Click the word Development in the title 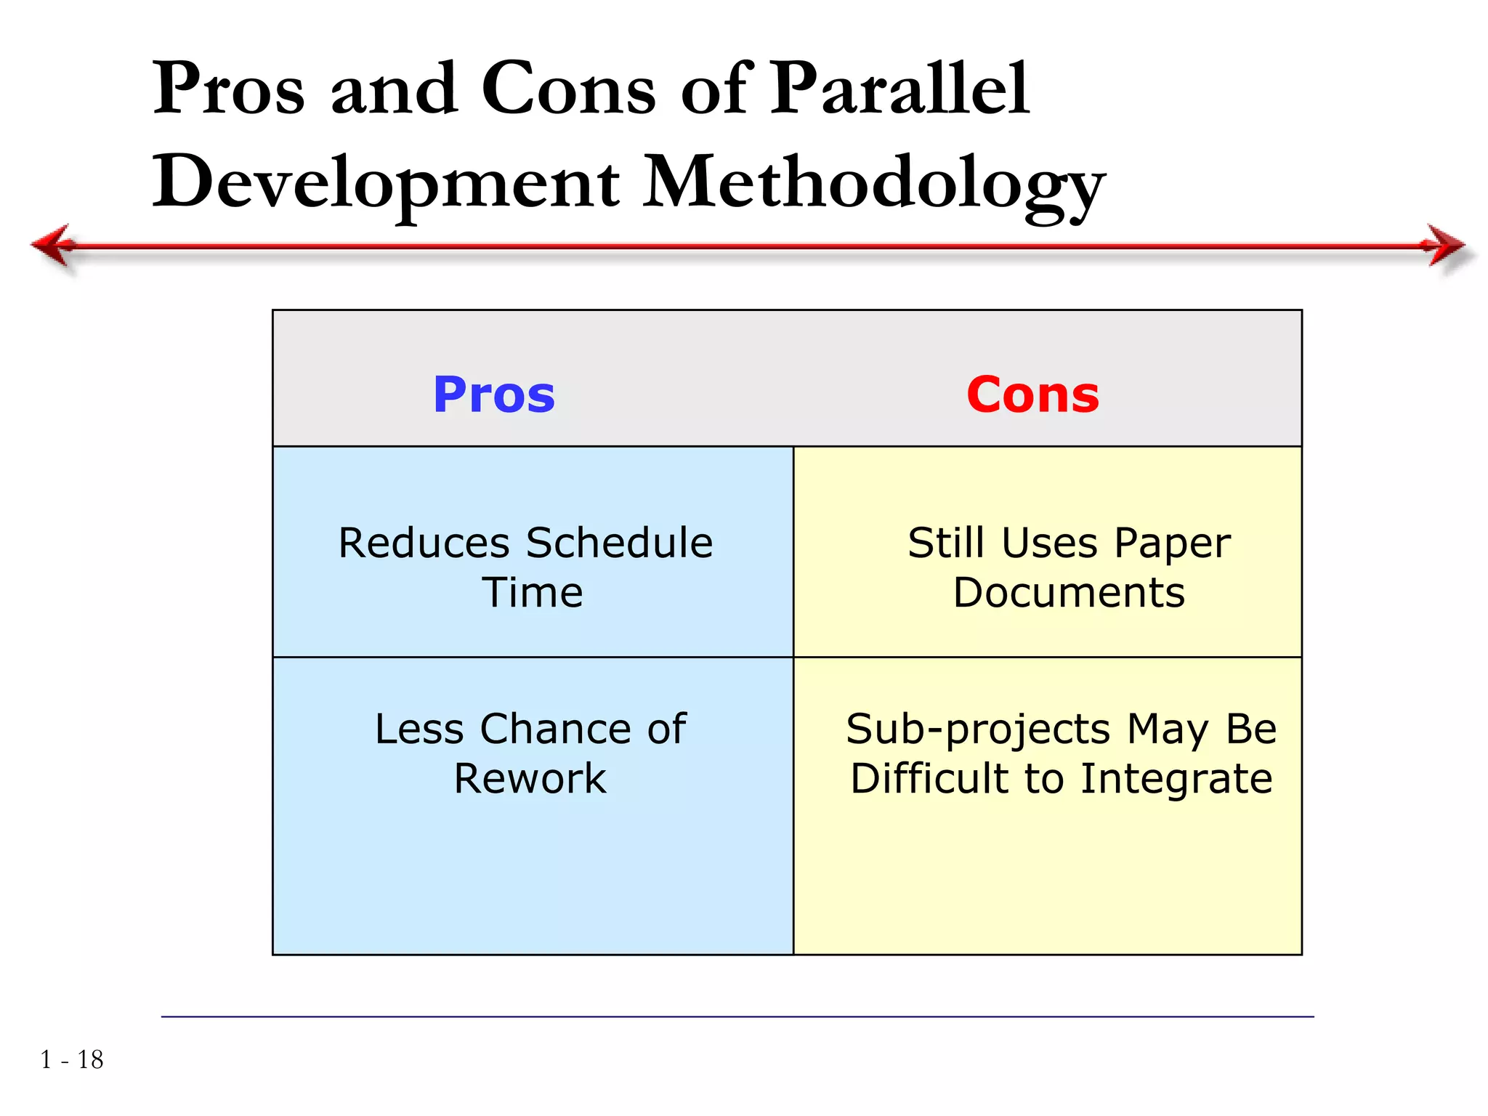[386, 183]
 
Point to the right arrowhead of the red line [1446, 245]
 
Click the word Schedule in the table [619, 543]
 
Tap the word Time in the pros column [533, 592]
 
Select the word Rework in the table [530, 779]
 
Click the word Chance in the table [556, 729]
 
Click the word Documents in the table [1069, 592]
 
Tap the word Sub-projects [978, 729]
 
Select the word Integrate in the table [1176, 780]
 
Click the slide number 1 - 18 [72, 1060]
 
